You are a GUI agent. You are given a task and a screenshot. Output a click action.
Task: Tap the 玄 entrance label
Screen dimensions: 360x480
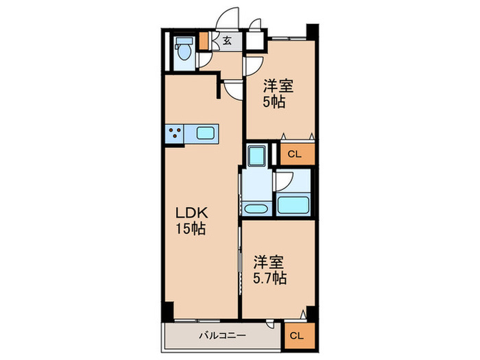(226, 40)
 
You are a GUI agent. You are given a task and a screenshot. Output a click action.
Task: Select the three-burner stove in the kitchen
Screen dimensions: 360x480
(175, 134)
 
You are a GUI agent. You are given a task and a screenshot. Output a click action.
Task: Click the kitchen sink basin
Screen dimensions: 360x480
(206, 134)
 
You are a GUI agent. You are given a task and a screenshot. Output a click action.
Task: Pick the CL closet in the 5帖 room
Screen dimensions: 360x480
(295, 154)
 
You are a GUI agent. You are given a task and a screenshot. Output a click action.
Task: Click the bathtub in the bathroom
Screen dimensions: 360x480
(293, 205)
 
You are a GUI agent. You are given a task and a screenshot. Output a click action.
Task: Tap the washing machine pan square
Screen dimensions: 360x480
(258, 156)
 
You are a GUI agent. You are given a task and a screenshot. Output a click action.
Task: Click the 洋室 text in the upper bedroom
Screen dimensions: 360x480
(278, 86)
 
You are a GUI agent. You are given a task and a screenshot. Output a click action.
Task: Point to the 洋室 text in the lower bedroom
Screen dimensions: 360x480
(269, 262)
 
